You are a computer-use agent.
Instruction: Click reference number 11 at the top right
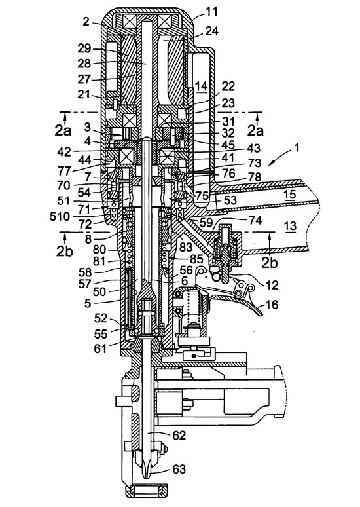[x=212, y=12]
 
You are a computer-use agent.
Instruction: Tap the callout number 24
[x=211, y=31]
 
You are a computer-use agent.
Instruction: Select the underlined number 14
[x=201, y=87]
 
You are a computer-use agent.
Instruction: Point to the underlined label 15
[x=291, y=195]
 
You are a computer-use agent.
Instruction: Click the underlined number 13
[x=291, y=227]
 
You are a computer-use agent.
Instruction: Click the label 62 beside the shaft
[x=179, y=436]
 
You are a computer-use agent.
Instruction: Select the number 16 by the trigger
[x=272, y=304]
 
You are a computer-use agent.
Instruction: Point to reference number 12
[x=272, y=285]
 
